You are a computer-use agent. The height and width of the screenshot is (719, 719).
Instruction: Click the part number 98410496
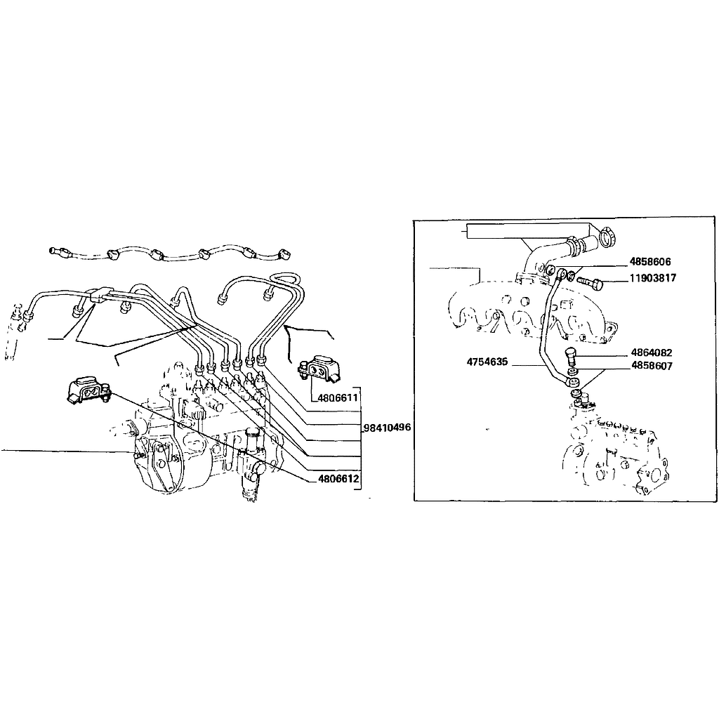[x=388, y=428]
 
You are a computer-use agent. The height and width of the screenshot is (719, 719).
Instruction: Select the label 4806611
[x=338, y=397]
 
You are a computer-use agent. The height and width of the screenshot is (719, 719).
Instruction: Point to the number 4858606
[x=649, y=262]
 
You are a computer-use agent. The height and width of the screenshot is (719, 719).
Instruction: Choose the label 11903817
[x=652, y=278]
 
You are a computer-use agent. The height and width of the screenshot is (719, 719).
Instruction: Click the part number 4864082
[x=651, y=352]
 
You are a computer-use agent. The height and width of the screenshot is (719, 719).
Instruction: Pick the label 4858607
[x=652, y=365]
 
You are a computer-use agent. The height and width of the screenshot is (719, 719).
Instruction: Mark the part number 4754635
[x=487, y=362]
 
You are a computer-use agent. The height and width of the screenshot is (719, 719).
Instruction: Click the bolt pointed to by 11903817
[x=590, y=282]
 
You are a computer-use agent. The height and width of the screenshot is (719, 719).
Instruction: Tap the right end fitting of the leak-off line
[x=284, y=253]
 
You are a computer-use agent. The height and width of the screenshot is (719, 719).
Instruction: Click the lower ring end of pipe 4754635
[x=572, y=381]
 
